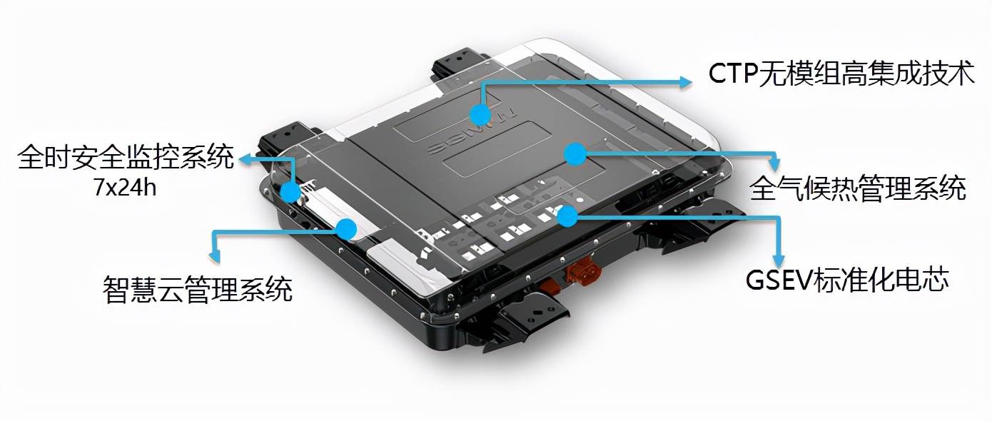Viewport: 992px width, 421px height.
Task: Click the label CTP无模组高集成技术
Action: pyautogui.click(x=841, y=73)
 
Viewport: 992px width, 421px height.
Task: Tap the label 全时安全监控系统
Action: pyautogui.click(x=126, y=157)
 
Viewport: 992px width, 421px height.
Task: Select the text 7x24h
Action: pyautogui.click(x=125, y=188)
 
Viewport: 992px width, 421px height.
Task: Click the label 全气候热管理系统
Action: pyautogui.click(x=857, y=188)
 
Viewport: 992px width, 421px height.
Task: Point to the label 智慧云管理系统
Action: pyautogui.click(x=198, y=290)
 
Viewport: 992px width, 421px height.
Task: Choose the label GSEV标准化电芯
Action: pyautogui.click(x=847, y=280)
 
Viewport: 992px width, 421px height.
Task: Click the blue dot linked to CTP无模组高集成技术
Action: pyautogui.click(x=480, y=115)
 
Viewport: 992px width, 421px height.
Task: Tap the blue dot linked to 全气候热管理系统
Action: pyautogui.click(x=575, y=155)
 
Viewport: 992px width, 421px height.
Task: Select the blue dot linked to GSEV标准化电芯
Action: pyautogui.click(x=567, y=216)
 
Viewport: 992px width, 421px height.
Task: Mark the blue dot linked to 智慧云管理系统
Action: pyautogui.click(x=346, y=229)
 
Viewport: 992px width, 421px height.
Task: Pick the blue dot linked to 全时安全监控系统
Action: pyautogui.click(x=290, y=192)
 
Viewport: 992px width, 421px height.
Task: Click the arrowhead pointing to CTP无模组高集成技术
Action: pyautogui.click(x=684, y=82)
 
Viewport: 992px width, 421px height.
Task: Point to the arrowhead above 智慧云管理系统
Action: pyautogui.click(x=215, y=256)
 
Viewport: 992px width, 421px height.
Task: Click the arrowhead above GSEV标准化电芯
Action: pyautogui.click(x=778, y=260)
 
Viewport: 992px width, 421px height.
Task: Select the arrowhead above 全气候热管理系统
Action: pyautogui.click(x=774, y=163)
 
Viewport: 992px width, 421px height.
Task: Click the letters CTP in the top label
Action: pyautogui.click(x=732, y=73)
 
